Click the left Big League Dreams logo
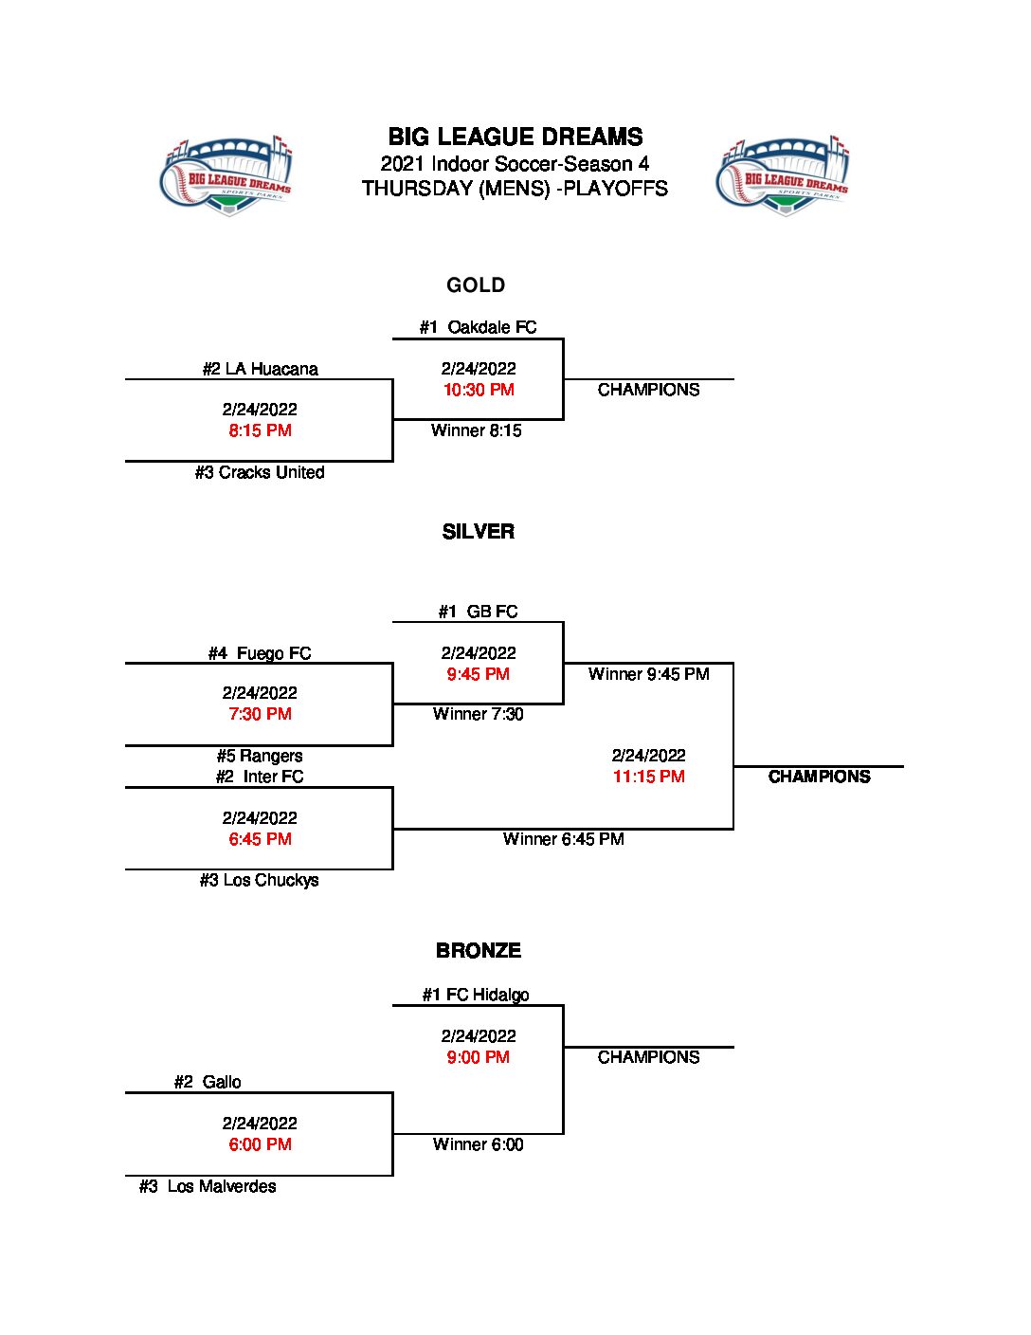(x=227, y=176)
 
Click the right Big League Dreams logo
(x=784, y=176)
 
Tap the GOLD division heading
(x=476, y=285)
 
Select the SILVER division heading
(x=478, y=532)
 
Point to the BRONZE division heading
(x=478, y=951)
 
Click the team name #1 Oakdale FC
(x=478, y=327)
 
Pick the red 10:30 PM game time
(x=479, y=390)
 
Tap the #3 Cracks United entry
(x=260, y=472)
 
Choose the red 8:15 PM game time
(x=260, y=430)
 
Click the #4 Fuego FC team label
(x=260, y=653)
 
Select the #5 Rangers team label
(x=260, y=756)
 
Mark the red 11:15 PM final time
(x=648, y=777)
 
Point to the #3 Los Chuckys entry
(x=259, y=880)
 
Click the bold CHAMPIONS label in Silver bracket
(x=819, y=777)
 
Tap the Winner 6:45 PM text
(x=563, y=839)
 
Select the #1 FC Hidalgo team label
(x=476, y=995)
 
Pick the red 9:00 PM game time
(x=478, y=1057)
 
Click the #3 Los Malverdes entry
(x=208, y=1186)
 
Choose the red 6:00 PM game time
(x=260, y=1144)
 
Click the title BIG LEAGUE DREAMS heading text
(x=515, y=137)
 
